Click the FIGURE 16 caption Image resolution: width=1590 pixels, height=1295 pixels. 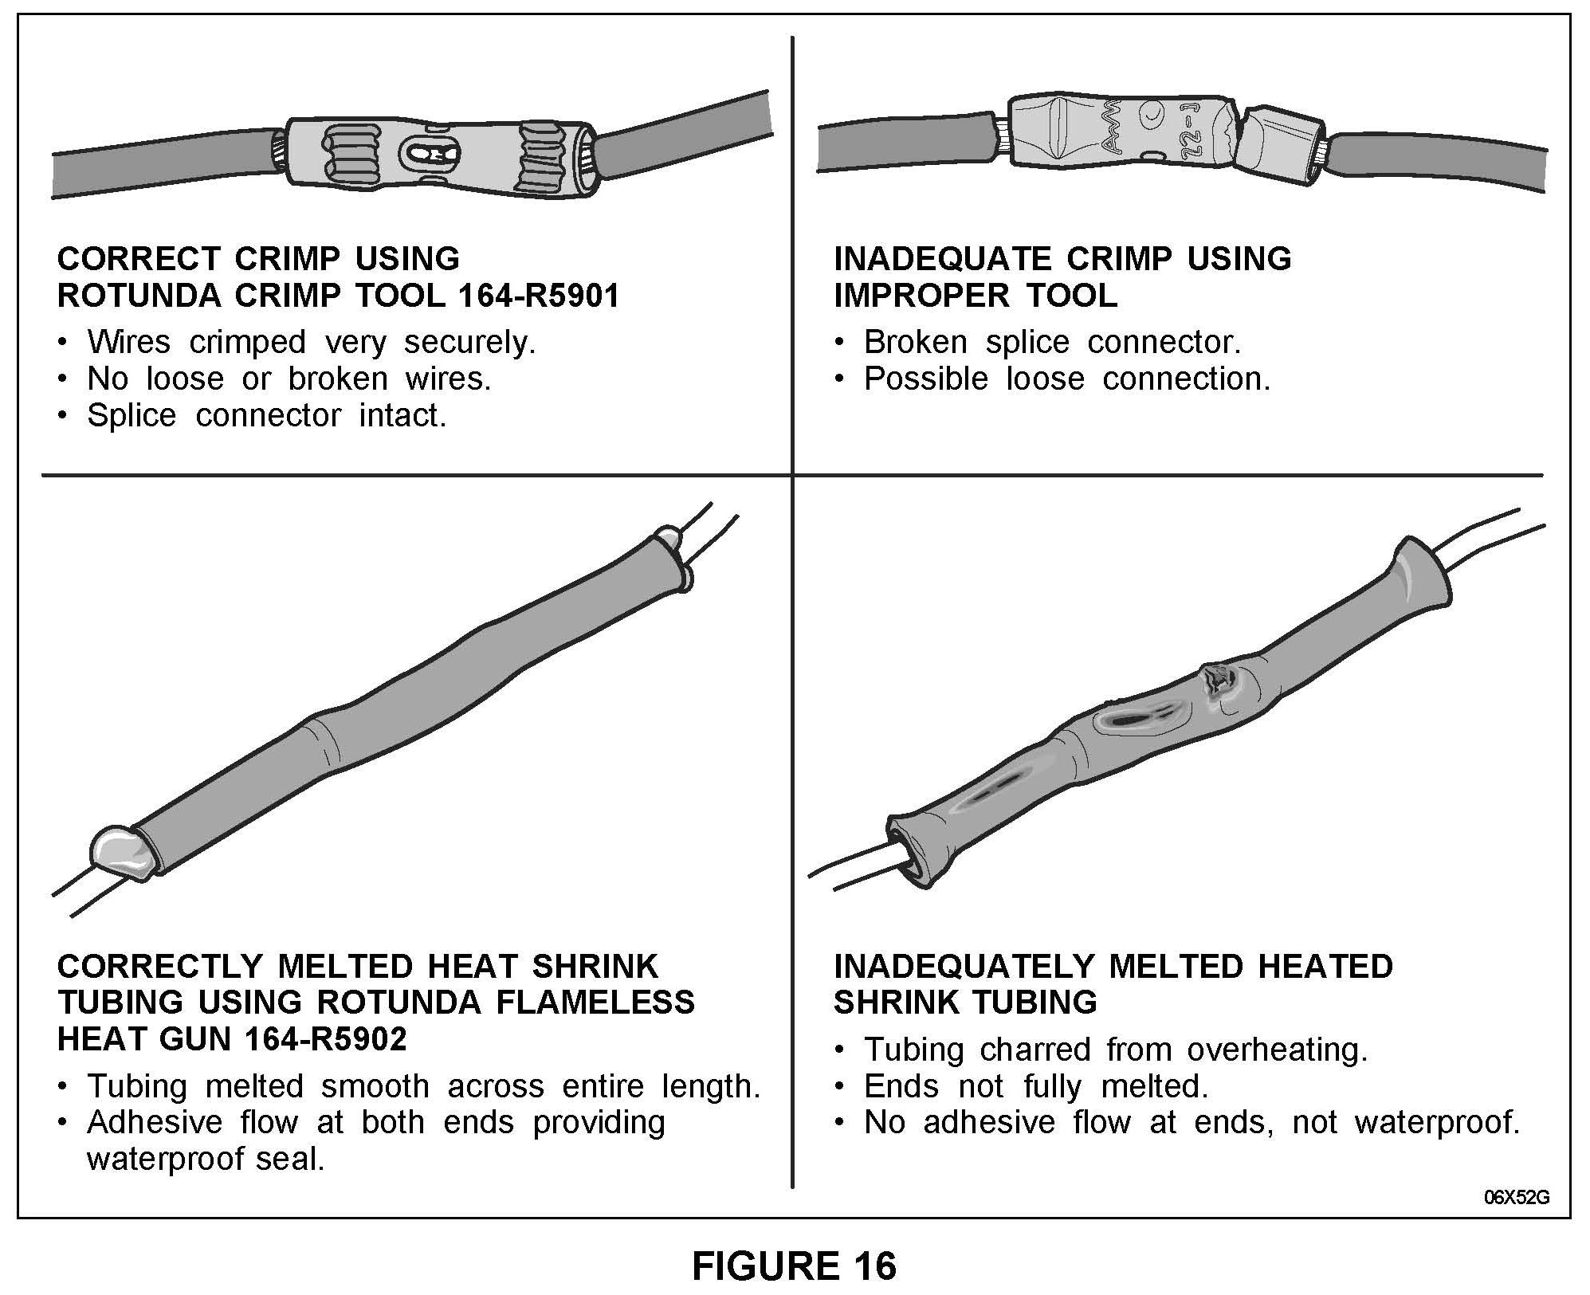click(794, 1266)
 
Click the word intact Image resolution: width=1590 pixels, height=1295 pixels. click(402, 415)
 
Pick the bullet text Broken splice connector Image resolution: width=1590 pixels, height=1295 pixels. click(1052, 342)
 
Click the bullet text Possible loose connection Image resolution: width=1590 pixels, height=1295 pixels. click(1066, 379)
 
